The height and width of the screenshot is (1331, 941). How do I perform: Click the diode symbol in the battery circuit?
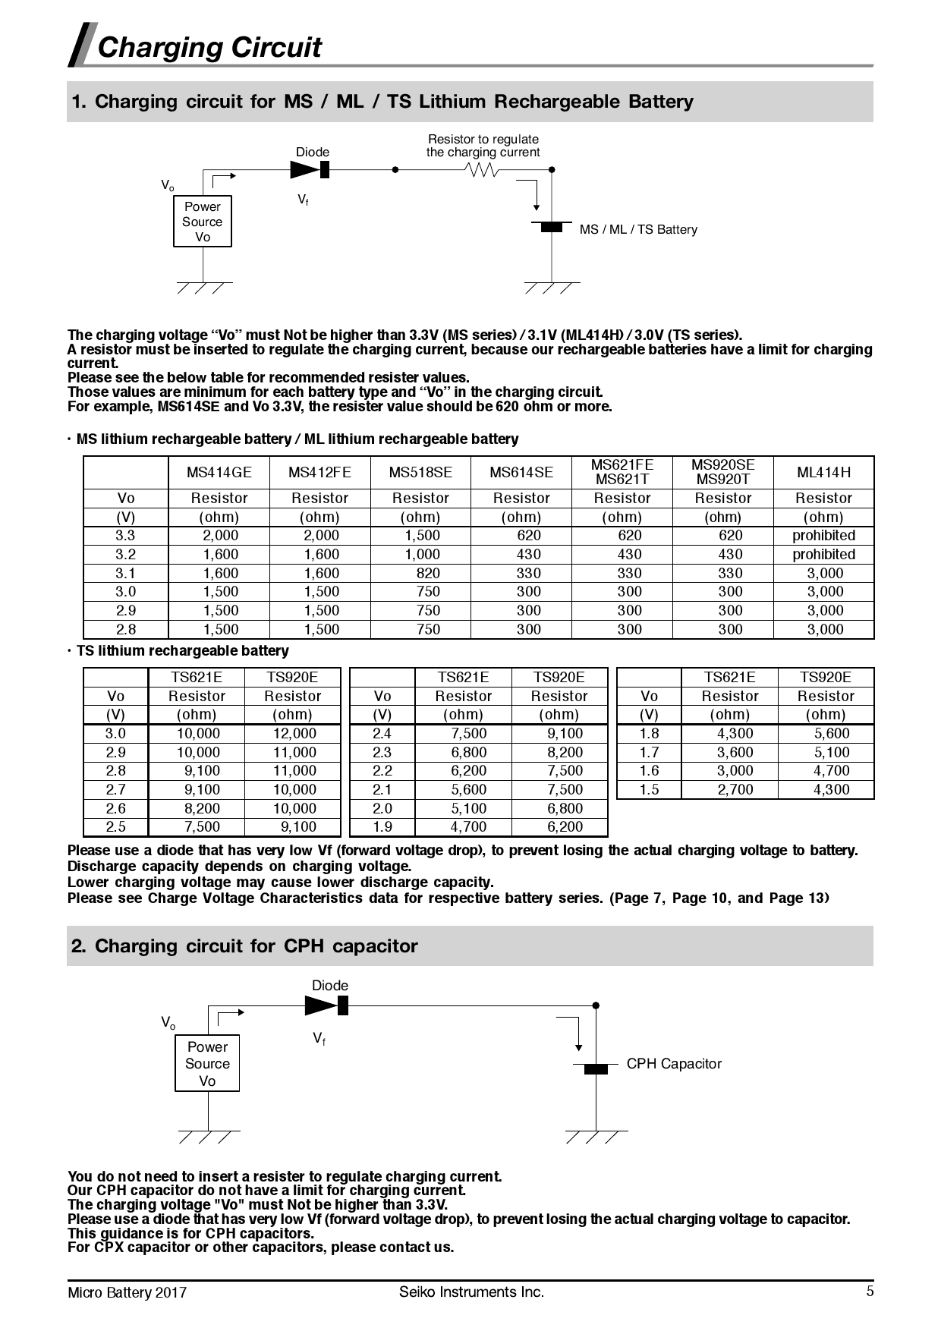pyautogui.click(x=311, y=170)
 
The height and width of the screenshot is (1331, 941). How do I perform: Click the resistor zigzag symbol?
pyautogui.click(x=483, y=170)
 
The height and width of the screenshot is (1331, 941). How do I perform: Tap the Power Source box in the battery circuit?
pyautogui.click(x=203, y=222)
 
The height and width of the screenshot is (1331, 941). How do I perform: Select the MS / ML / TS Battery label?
pyautogui.click(x=637, y=229)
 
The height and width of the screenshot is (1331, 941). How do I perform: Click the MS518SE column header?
pyautogui.click(x=420, y=473)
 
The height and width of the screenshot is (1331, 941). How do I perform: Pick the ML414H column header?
pyautogui.click(x=823, y=473)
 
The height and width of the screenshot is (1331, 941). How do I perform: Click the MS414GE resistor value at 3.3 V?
pyautogui.click(x=220, y=536)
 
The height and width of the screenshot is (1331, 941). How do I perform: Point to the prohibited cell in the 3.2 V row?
pyautogui.click(x=823, y=555)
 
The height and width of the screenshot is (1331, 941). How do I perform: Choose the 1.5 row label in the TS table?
pyautogui.click(x=649, y=790)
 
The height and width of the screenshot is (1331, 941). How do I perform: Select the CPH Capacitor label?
pyautogui.click(x=674, y=1064)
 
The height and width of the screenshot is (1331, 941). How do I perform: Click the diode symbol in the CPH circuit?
pyautogui.click(x=327, y=1006)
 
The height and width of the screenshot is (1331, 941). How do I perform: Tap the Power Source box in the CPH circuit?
pyautogui.click(x=207, y=1064)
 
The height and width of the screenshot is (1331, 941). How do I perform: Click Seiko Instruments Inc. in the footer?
pyautogui.click(x=471, y=1292)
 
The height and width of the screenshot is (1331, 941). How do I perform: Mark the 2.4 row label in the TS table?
pyautogui.click(x=382, y=734)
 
